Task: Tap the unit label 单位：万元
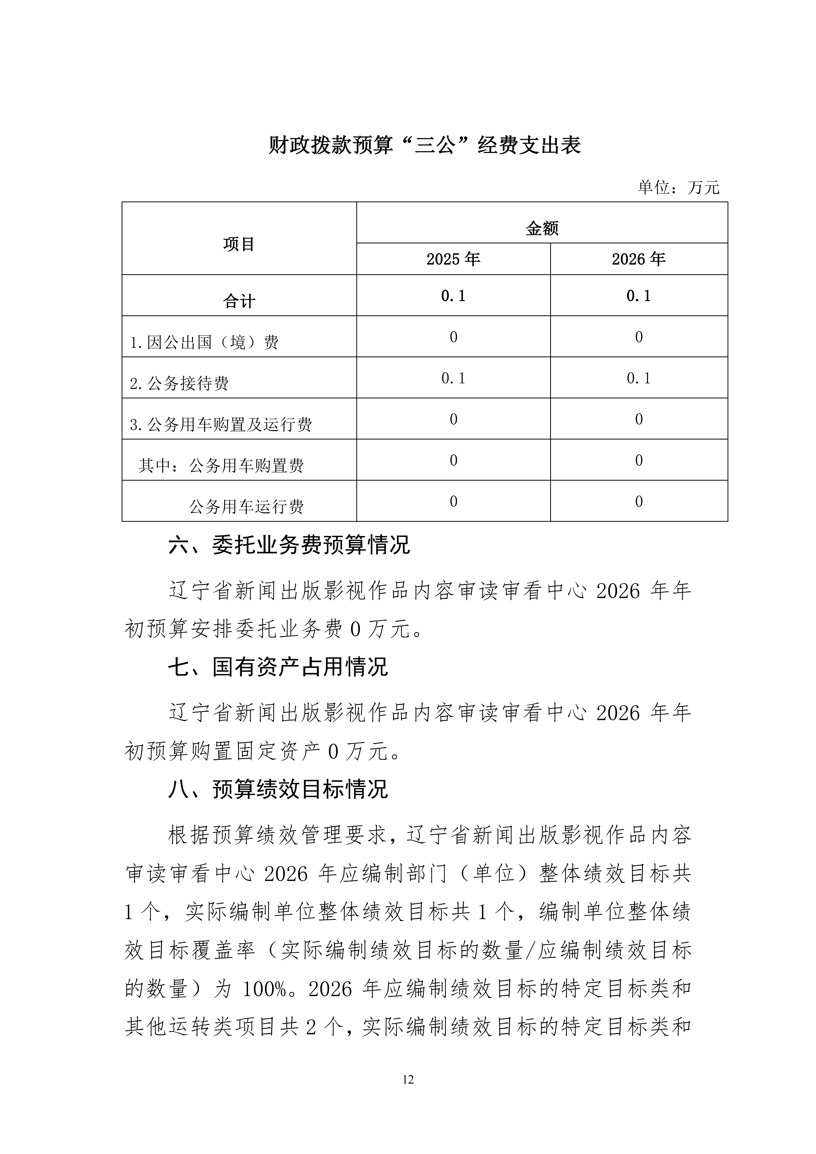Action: tap(678, 187)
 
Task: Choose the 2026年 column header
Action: tap(639, 259)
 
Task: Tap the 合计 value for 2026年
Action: tap(639, 296)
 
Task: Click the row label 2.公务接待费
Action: tap(179, 383)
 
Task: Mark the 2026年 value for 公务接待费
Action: tap(639, 378)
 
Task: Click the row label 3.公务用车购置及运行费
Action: tap(221, 425)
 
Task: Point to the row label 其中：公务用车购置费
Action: tap(221, 466)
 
